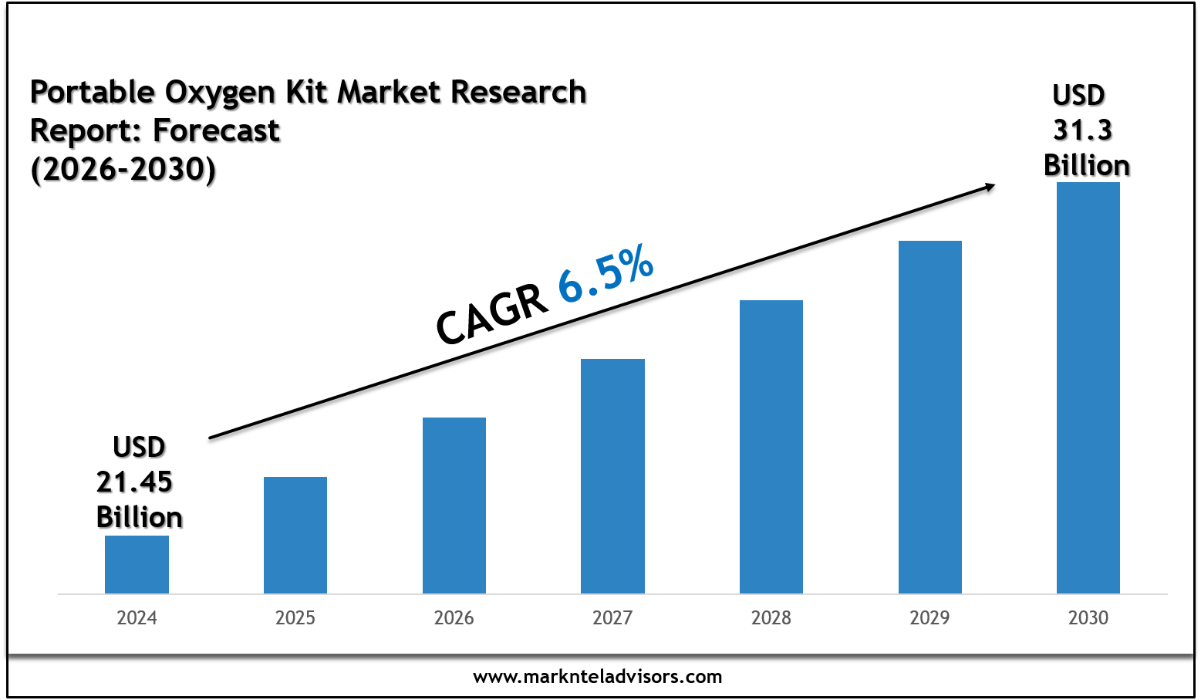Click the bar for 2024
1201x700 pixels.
(137, 564)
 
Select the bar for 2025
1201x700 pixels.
(295, 535)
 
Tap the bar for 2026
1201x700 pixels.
(454, 506)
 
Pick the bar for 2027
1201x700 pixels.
(612, 476)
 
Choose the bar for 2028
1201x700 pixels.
(771, 447)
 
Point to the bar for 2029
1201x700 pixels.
(930, 417)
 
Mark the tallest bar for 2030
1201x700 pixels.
(1088, 387)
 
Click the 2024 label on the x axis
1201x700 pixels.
(137, 618)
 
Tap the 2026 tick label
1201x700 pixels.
(454, 618)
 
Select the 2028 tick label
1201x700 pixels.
(771, 618)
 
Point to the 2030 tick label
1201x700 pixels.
(1088, 618)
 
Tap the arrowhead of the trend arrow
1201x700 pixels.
(988, 186)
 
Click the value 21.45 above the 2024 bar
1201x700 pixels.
(134, 482)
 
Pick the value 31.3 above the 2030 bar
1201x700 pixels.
(1083, 130)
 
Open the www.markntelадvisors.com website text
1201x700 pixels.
(598, 678)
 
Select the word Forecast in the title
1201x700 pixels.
(217, 131)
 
